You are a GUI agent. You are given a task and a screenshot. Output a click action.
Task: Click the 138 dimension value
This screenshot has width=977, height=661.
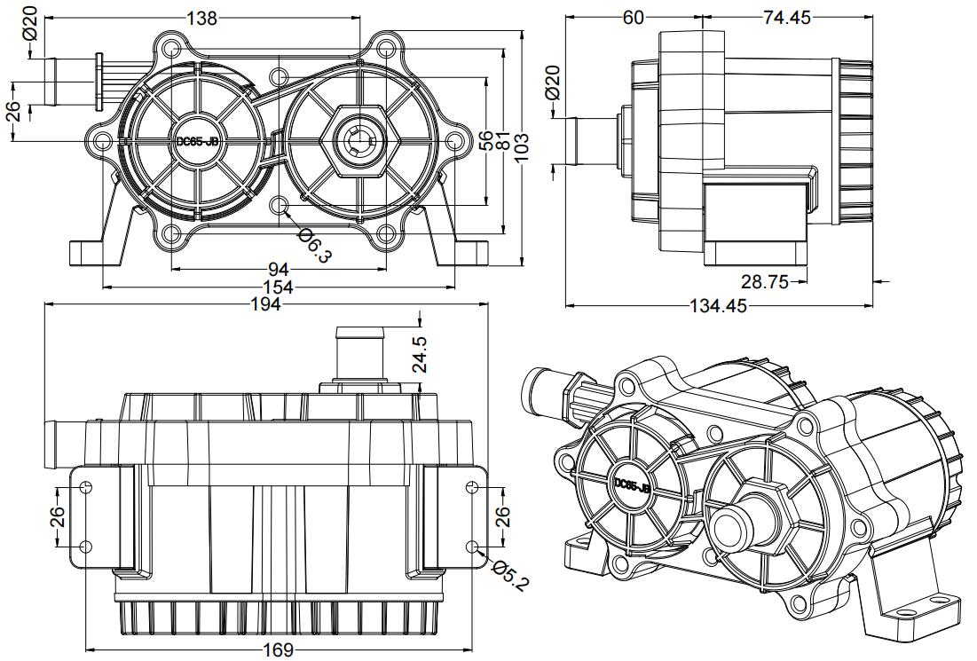tap(202, 19)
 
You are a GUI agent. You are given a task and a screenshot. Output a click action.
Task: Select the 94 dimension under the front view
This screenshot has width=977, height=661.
tap(279, 270)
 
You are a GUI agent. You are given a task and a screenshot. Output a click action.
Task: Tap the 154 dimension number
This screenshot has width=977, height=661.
tap(278, 287)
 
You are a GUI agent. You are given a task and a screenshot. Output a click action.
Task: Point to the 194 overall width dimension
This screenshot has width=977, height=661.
tap(267, 304)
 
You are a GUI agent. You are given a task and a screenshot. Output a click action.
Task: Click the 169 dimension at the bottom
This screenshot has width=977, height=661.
tap(278, 649)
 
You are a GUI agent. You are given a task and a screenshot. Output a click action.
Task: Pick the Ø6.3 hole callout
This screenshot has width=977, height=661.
tap(315, 245)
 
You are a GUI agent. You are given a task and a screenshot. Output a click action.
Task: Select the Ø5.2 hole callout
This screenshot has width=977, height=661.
tap(510, 575)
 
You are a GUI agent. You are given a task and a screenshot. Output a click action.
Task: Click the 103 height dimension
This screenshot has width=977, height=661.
tap(522, 147)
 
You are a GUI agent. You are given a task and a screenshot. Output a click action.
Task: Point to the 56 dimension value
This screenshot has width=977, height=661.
tap(486, 142)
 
